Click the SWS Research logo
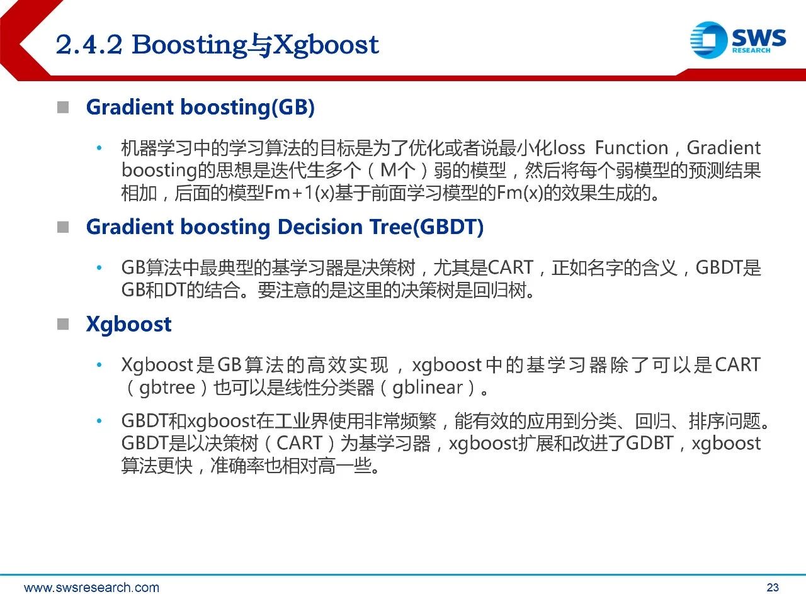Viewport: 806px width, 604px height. tap(738, 40)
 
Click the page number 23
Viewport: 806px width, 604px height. tap(773, 588)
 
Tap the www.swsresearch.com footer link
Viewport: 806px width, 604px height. tap(91, 588)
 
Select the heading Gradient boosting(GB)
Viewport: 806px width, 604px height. tap(200, 108)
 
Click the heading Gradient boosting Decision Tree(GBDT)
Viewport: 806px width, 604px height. tap(285, 227)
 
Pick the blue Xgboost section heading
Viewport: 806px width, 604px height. tap(129, 325)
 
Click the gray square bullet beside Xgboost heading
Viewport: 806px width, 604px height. tap(63, 324)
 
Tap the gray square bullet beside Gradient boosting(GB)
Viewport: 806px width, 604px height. tap(63, 108)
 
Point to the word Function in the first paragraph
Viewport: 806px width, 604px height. tap(631, 148)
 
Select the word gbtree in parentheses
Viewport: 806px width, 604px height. tap(167, 388)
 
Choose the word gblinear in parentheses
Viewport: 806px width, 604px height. tap(428, 388)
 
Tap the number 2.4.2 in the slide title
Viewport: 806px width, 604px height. tap(89, 45)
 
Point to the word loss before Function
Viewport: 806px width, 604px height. tap(569, 148)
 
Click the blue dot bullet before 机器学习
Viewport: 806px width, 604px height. tap(99, 148)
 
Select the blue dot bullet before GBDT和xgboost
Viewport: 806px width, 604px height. tap(99, 421)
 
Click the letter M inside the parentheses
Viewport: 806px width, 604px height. tap(389, 171)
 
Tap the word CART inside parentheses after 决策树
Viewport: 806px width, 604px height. tap(299, 443)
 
